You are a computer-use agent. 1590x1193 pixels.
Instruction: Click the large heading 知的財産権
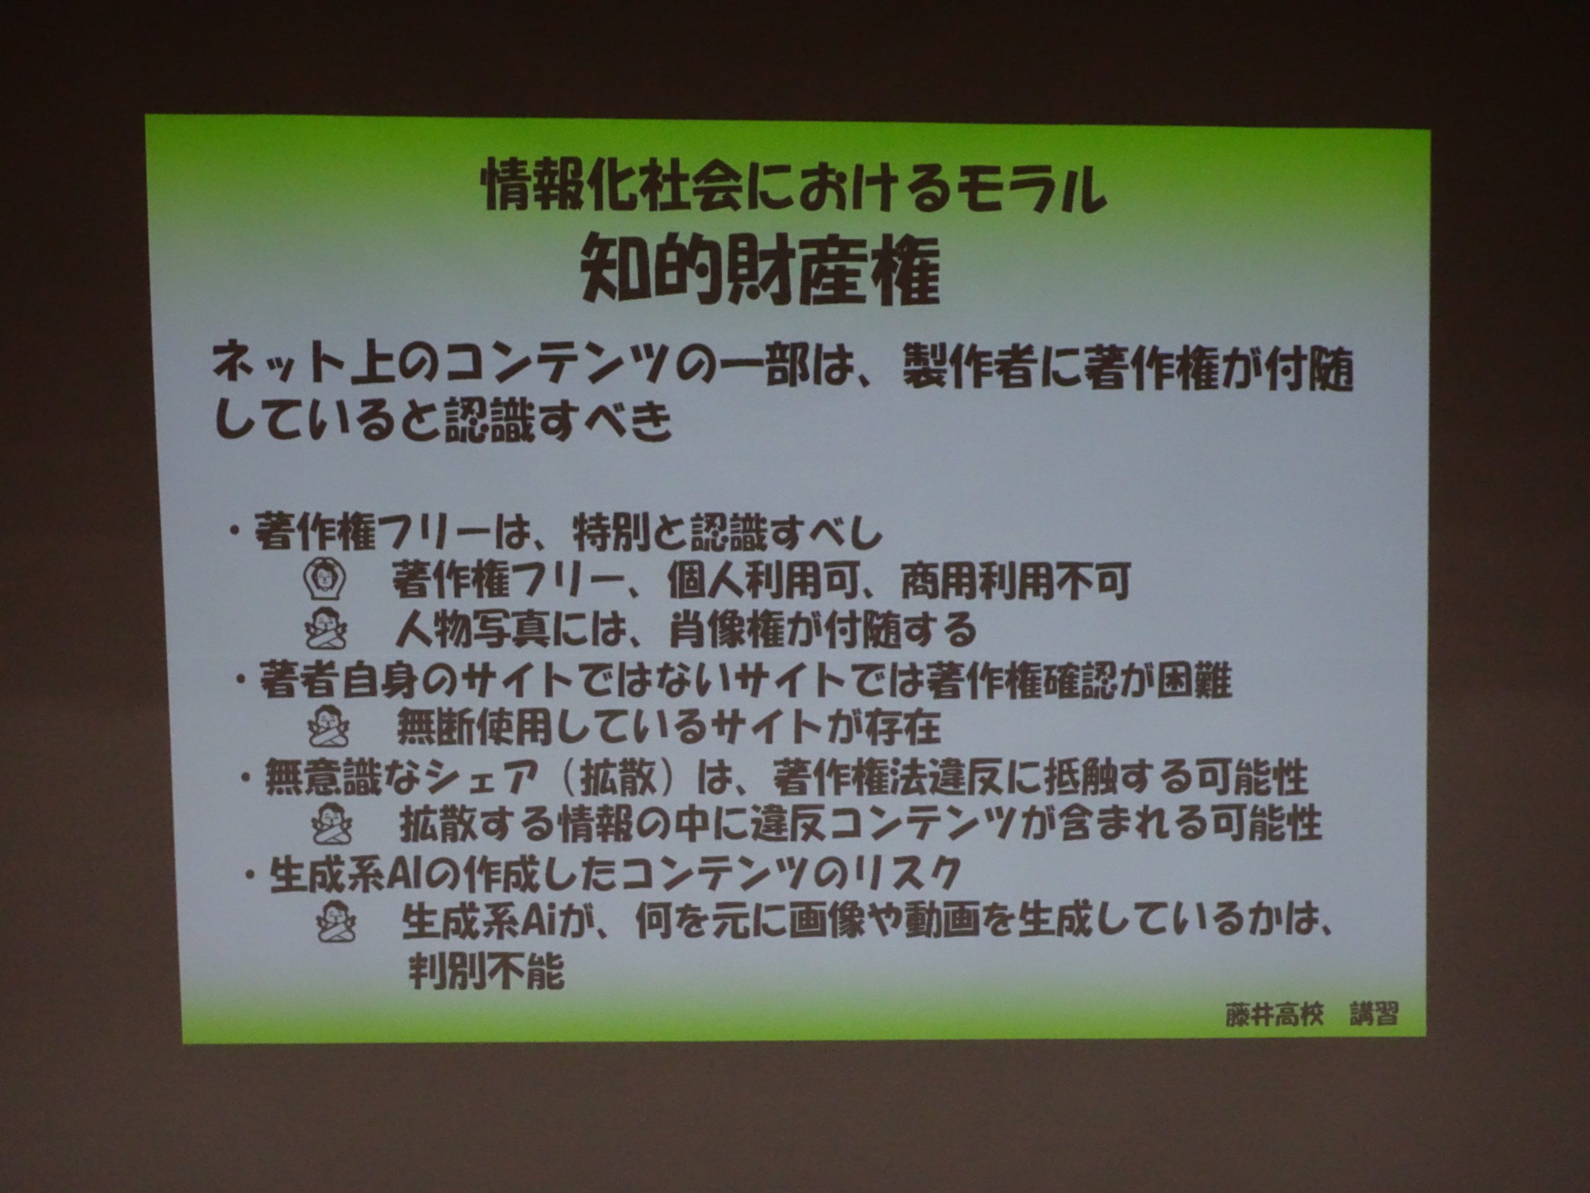760,271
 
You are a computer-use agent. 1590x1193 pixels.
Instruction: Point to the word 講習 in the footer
1374,1014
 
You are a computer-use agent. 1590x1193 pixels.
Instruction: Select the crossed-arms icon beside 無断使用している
329,727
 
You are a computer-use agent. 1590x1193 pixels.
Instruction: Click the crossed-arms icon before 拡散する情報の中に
333,823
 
